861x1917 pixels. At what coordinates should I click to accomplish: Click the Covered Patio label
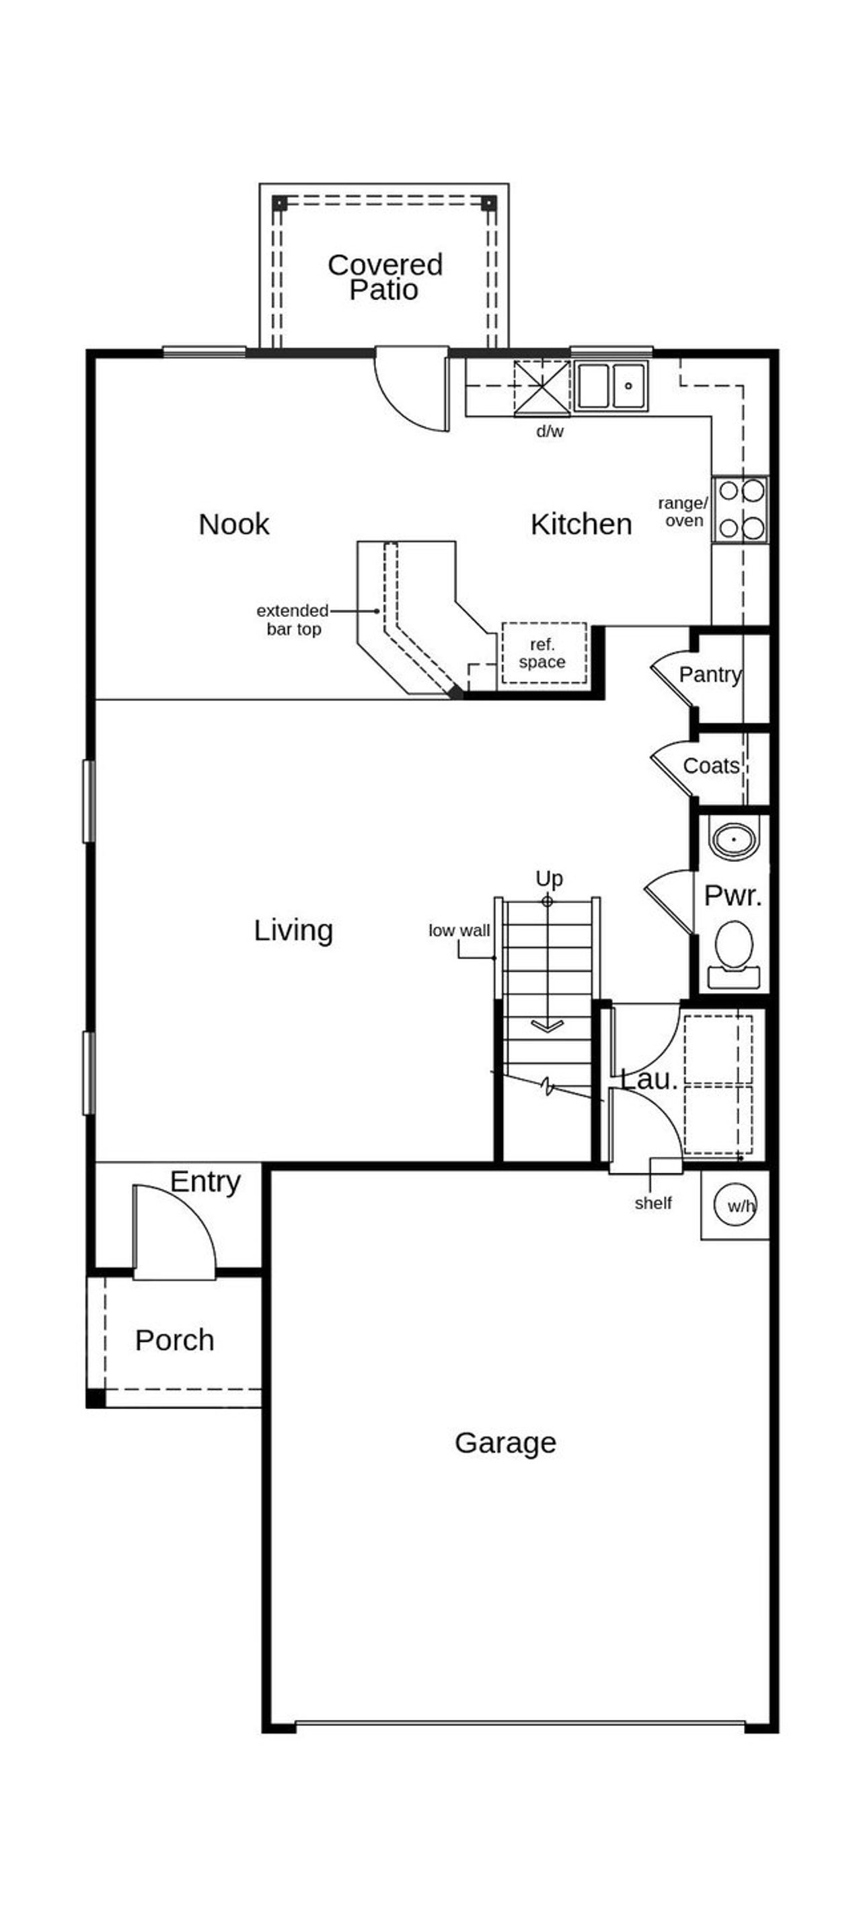[385, 277]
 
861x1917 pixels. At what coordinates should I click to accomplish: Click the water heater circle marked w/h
[735, 1206]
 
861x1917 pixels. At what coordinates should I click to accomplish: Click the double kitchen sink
[609, 386]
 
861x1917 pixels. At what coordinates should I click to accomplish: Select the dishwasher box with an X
[541, 386]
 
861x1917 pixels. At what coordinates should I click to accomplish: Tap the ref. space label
[542, 653]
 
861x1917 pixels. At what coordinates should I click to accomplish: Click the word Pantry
[710, 674]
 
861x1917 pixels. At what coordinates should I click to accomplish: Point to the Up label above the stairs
[548, 878]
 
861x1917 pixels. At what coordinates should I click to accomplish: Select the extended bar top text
[293, 619]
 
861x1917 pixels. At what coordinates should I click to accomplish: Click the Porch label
[174, 1340]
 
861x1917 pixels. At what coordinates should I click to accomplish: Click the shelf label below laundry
[652, 1203]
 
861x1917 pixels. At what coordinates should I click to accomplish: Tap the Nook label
[233, 524]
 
